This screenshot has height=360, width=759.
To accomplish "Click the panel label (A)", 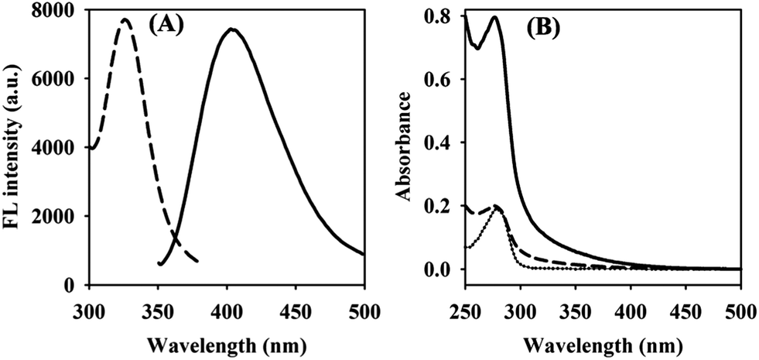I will (165, 26).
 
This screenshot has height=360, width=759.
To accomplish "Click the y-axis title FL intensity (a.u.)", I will (15, 147).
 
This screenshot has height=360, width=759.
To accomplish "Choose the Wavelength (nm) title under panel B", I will (601, 338).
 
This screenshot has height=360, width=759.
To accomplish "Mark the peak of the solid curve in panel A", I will (231, 30).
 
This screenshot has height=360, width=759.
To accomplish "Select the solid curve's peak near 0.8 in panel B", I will (494, 17).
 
